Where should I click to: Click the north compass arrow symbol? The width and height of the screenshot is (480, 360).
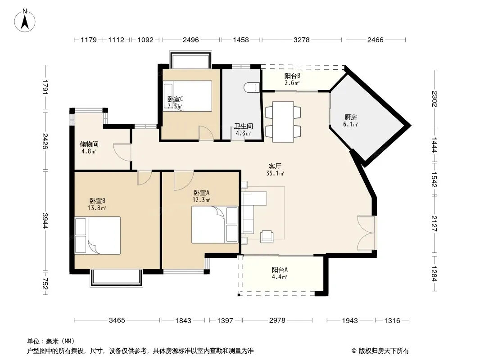pos(25,20)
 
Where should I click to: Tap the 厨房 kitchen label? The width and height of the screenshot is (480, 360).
pos(350,117)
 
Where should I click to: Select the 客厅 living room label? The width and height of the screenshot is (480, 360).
pos(275,166)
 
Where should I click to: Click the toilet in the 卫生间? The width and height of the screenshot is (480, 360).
pos(252,88)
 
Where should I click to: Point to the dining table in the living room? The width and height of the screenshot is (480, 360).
pos(283,122)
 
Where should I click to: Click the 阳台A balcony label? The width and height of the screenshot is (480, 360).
pos(280,270)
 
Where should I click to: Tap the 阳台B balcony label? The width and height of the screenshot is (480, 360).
pos(292,76)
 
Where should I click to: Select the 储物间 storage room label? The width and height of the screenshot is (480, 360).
pos(89,144)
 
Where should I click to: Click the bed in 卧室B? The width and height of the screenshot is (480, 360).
pos(97,235)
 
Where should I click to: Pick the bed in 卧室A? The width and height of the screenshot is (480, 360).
pos(215,225)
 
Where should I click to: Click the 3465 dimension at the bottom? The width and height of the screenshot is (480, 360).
pos(117,320)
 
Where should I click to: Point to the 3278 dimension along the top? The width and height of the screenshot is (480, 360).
pos(302,40)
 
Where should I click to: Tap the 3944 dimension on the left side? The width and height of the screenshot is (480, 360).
pos(45,220)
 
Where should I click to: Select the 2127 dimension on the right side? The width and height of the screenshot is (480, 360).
pos(434,224)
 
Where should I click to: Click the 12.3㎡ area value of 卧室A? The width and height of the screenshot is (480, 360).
pos(201,200)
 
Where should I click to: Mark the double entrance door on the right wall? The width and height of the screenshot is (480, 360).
pos(366,233)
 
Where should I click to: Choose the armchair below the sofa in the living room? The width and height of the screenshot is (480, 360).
pos(267,236)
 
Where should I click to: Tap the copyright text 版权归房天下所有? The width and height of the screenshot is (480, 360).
pos(384,351)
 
